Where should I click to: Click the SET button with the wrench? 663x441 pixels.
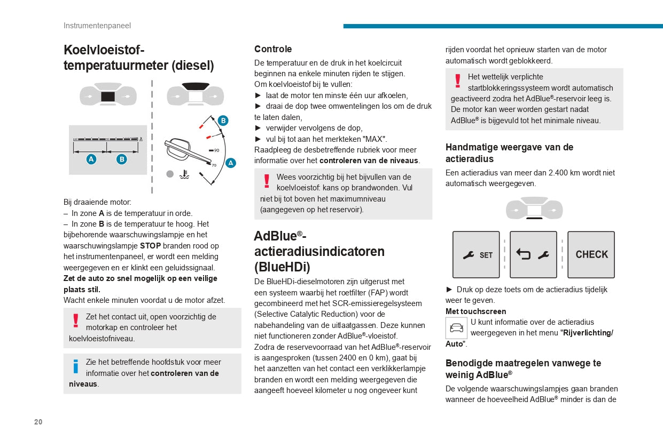pos(476,255)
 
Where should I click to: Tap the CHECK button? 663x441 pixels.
pos(591,255)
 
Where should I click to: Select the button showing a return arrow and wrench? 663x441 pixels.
pos(533,255)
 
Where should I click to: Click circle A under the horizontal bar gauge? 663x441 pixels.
pos(91,159)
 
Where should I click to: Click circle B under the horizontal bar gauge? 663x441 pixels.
pos(122,159)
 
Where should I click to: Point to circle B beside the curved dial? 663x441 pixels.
pos(223,121)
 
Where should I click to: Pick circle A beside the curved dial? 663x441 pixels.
pos(231,163)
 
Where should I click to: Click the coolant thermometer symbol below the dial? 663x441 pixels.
pos(184,174)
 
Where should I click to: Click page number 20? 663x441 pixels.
pos(38,422)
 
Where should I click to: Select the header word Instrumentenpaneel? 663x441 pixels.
pos(97,26)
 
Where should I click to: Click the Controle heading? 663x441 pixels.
pos(273,49)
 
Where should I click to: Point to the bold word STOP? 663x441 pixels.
pos(150,246)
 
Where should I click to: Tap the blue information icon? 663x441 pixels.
pos(76,366)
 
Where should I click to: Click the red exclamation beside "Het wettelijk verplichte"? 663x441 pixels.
pos(457,81)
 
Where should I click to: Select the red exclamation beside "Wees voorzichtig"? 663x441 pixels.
pos(267,181)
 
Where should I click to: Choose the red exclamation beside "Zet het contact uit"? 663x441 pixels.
pos(76,320)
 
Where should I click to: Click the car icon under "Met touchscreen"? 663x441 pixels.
pos(456,327)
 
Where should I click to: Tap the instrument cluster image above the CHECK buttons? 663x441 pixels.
pos(534,209)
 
